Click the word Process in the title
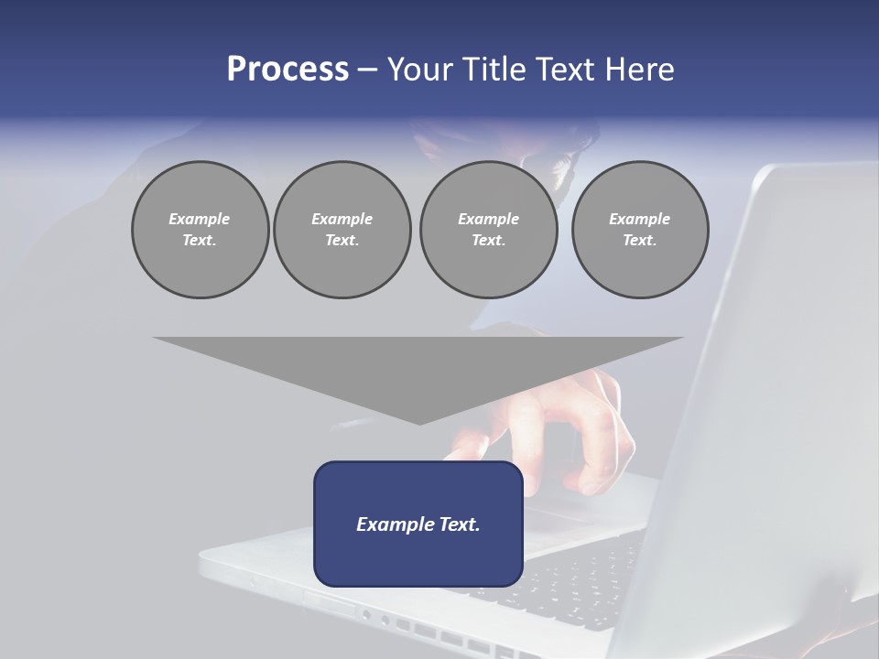pos(288,70)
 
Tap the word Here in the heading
pos(640,70)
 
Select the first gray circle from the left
pos(200,229)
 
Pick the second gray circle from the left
pos(342,229)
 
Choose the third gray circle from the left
pos(488,229)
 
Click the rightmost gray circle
pos(639,229)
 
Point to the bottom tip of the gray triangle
pos(418,424)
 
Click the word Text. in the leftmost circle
pos(200,241)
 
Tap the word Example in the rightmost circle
pos(639,219)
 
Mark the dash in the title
pos(367,70)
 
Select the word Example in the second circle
pos(342,219)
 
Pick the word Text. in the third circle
pos(488,241)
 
